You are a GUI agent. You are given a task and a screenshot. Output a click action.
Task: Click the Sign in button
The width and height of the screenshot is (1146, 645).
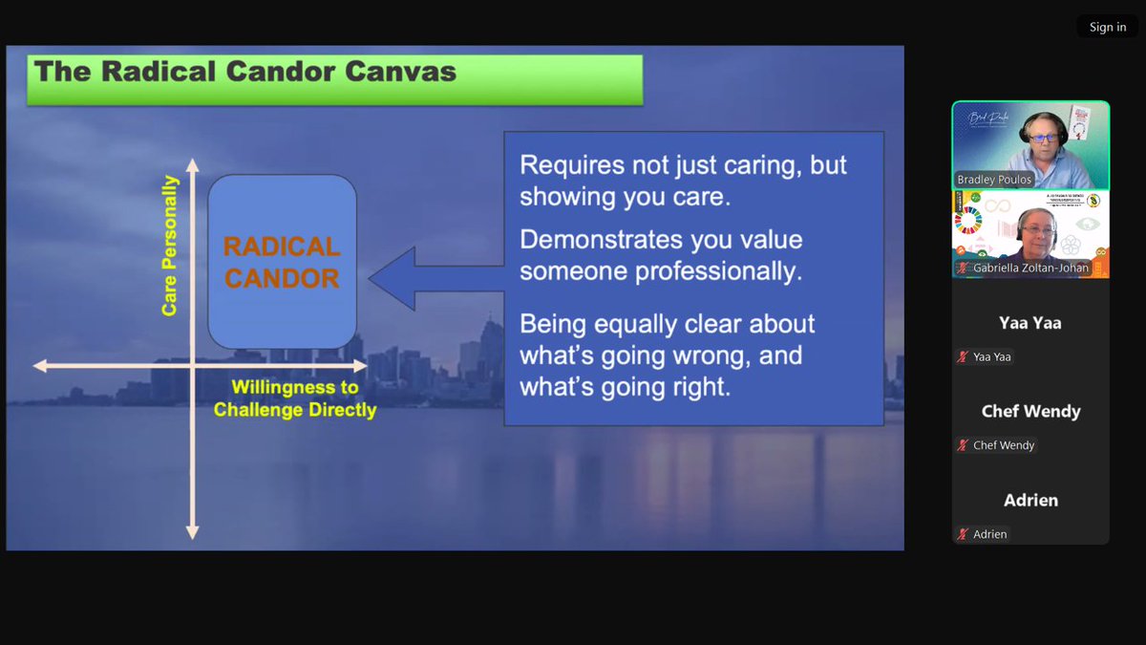pos(1107,27)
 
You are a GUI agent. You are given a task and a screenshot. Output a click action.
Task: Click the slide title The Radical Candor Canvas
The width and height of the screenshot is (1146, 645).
pos(245,72)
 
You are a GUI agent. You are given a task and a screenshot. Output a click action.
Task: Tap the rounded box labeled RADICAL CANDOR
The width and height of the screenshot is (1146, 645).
pos(282,262)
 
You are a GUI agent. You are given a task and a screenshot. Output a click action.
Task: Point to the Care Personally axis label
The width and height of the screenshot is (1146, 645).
pos(169,246)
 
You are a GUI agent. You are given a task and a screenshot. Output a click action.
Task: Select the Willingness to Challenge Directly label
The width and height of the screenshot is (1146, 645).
pos(294,398)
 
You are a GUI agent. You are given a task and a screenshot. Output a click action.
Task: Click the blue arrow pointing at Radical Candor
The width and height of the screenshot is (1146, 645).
pos(435,279)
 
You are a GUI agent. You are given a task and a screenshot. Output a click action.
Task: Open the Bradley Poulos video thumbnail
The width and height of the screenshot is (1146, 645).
pos(1030,145)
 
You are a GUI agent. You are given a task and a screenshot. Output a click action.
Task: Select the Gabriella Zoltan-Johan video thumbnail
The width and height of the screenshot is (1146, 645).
pos(1030,233)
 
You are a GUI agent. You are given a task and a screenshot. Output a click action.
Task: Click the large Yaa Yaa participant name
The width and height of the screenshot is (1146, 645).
pos(1030,323)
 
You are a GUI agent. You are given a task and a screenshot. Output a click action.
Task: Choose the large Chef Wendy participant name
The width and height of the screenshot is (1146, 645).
pos(1030,412)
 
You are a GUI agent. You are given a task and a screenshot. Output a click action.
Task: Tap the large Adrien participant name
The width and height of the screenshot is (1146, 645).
pos(1030,500)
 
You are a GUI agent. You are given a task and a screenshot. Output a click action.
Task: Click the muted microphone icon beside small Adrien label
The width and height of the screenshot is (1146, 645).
pos(963,534)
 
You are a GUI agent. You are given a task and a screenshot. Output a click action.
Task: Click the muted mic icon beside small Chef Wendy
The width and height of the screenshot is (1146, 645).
pos(963,445)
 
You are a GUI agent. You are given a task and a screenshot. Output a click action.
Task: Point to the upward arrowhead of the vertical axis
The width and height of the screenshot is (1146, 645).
pos(192,165)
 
